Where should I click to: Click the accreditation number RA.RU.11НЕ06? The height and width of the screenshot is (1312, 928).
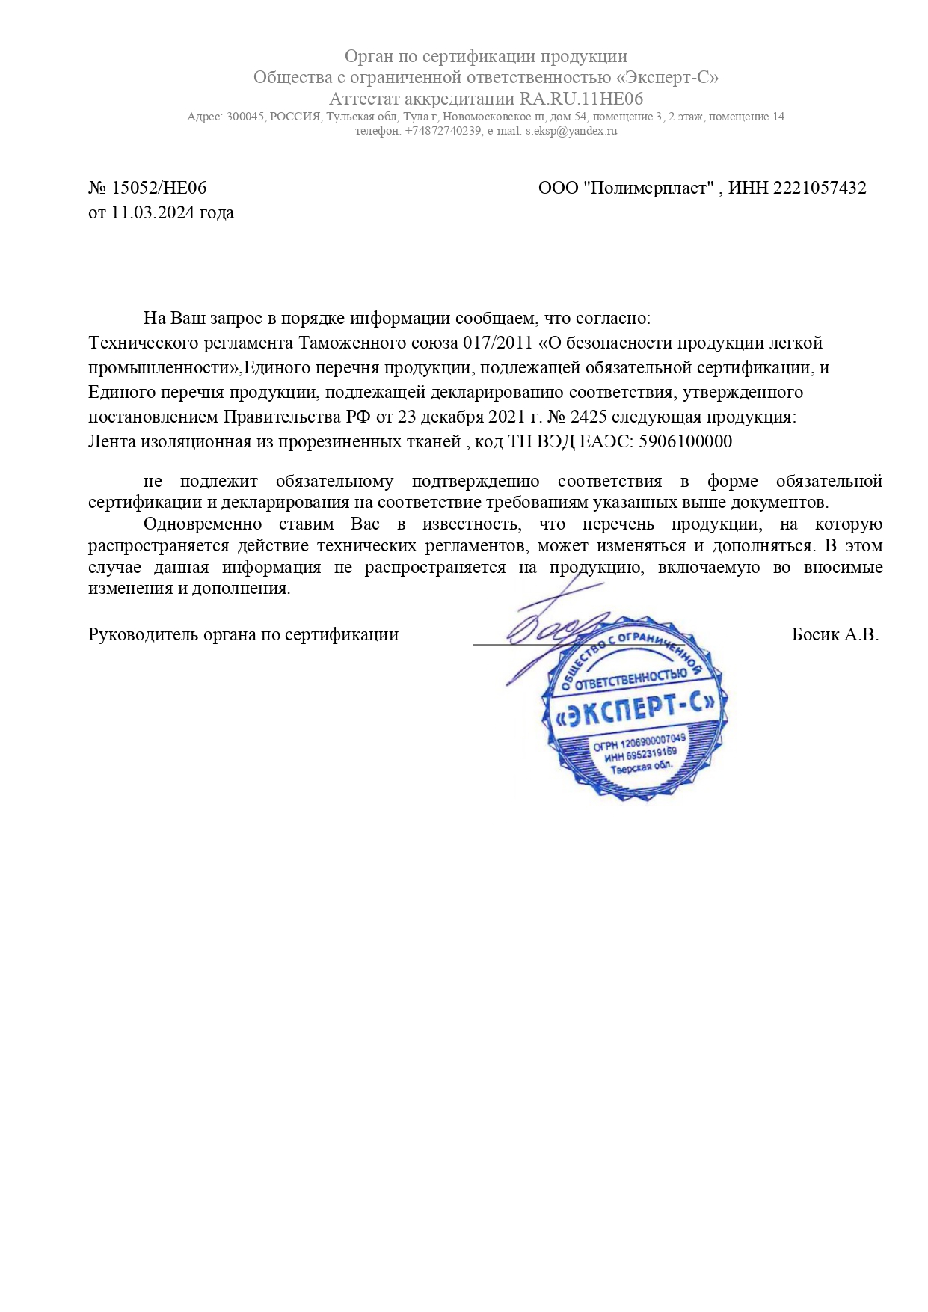tap(581, 99)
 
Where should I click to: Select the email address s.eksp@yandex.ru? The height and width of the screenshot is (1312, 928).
tap(571, 131)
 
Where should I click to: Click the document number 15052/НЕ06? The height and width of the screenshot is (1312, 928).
tap(159, 188)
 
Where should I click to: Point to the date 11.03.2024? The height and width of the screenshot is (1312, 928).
tap(153, 212)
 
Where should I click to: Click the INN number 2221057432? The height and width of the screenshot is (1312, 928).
tap(820, 188)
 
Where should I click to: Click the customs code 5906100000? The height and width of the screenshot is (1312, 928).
tap(686, 441)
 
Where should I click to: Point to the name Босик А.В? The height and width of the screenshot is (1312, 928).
tap(835, 635)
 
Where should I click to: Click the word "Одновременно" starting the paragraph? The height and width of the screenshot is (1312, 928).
tap(203, 524)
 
